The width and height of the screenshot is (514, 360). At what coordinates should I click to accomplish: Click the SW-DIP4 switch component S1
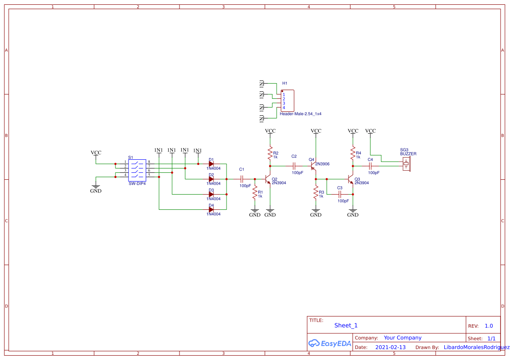tap(137, 170)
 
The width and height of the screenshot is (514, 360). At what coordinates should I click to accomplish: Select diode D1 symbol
tap(211, 164)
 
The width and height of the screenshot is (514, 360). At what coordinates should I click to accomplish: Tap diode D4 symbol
tap(211, 209)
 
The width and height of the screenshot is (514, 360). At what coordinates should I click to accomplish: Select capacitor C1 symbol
tap(242, 178)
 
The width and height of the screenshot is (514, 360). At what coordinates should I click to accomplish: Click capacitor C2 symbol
tap(294, 166)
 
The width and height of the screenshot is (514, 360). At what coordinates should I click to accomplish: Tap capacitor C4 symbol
tap(370, 166)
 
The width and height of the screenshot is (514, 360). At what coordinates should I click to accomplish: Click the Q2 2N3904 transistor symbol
tap(268, 178)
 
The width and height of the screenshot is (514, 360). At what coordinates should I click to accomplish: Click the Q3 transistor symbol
tap(351, 179)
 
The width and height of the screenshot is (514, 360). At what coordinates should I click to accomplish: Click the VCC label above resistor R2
tap(270, 131)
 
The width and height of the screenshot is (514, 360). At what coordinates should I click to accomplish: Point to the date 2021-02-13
tap(390, 347)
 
